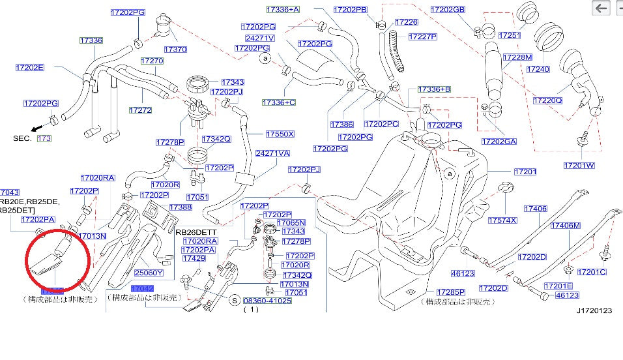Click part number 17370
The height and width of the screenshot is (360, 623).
click(175, 49)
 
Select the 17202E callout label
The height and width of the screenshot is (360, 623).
click(29, 67)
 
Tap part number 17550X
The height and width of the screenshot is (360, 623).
click(280, 134)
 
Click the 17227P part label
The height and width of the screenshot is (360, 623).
click(423, 37)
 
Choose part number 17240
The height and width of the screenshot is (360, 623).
click(538, 68)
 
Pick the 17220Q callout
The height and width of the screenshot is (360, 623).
click(547, 100)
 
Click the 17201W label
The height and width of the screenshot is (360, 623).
click(579, 165)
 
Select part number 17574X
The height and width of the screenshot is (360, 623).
click(502, 220)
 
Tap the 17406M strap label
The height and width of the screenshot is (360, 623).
click(565, 226)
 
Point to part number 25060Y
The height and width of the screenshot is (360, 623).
click(149, 273)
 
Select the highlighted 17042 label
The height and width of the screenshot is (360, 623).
click(142, 288)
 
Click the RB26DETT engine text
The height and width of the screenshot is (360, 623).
click(194, 232)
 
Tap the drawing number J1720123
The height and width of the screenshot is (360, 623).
click(594, 311)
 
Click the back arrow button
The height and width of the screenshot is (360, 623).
click(601, 8)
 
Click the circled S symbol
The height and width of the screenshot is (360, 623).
click(234, 301)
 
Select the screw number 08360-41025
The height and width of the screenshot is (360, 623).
click(267, 301)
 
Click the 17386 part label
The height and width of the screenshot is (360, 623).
click(341, 124)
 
